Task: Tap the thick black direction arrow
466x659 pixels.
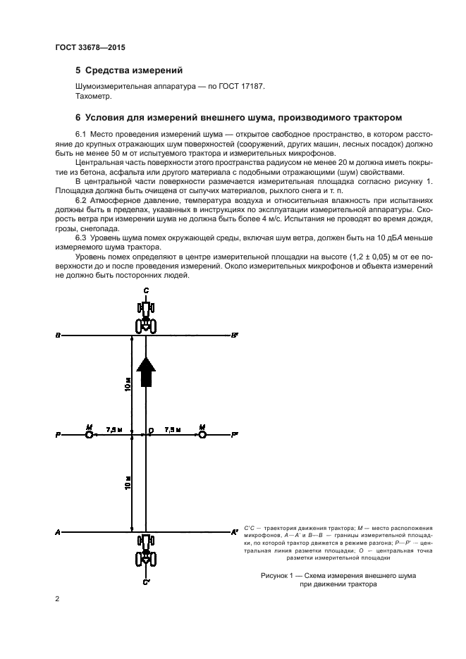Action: (145, 371)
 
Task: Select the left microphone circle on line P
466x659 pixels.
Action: (89, 436)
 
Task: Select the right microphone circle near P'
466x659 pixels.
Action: (202, 436)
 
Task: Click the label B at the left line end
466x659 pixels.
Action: (57, 336)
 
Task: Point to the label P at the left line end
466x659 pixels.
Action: (57, 436)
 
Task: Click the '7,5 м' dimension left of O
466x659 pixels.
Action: (114, 429)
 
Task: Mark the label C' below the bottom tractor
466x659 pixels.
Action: (146, 583)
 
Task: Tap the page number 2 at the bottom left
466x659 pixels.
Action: (57, 599)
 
